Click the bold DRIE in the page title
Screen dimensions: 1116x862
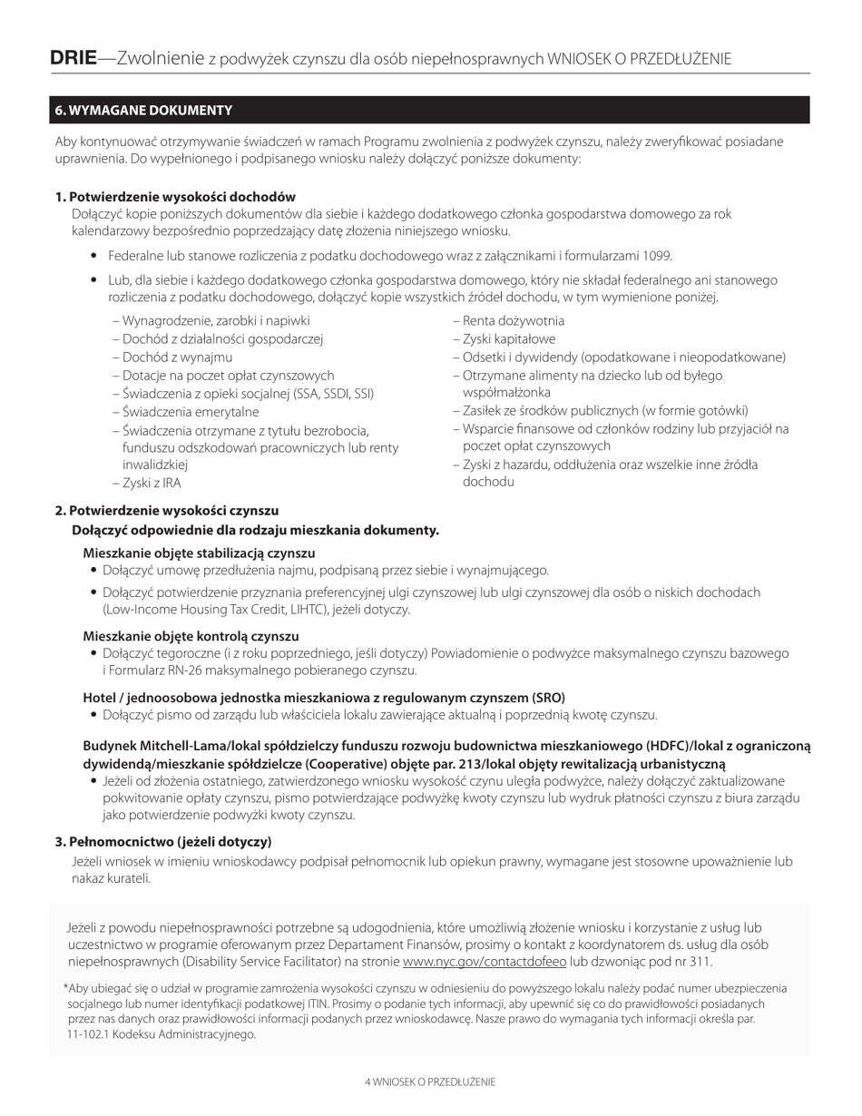click(73, 59)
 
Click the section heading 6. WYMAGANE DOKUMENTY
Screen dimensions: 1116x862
click(143, 111)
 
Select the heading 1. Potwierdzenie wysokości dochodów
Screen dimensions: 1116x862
click(175, 197)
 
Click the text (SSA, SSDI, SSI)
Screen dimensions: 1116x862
click(328, 394)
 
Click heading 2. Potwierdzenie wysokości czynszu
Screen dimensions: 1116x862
click(167, 511)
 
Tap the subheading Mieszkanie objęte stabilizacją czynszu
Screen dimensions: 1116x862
click(199, 553)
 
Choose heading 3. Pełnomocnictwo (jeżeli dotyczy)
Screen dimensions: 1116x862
click(163, 842)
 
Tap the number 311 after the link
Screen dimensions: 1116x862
click(700, 962)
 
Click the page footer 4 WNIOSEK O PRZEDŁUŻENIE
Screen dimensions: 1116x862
click(430, 1082)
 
